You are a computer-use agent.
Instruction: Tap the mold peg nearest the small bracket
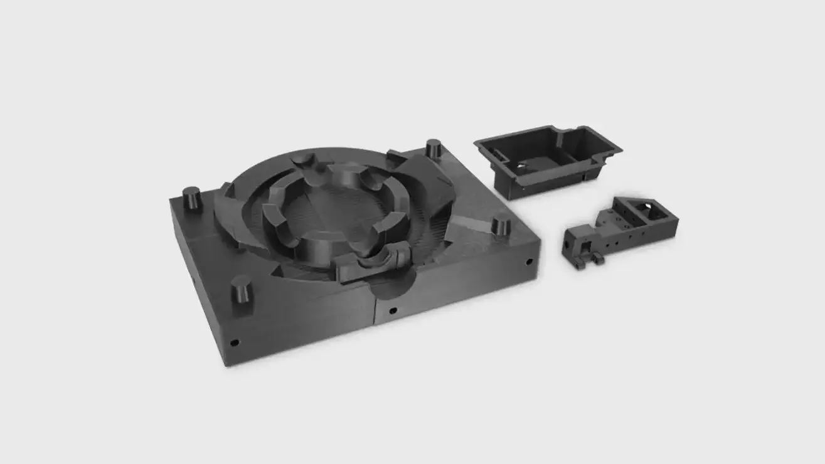coord(501,226)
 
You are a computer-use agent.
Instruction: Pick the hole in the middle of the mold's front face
coord(393,310)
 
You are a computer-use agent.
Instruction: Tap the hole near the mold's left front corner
coord(234,342)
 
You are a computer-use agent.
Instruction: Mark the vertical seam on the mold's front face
coord(375,310)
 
